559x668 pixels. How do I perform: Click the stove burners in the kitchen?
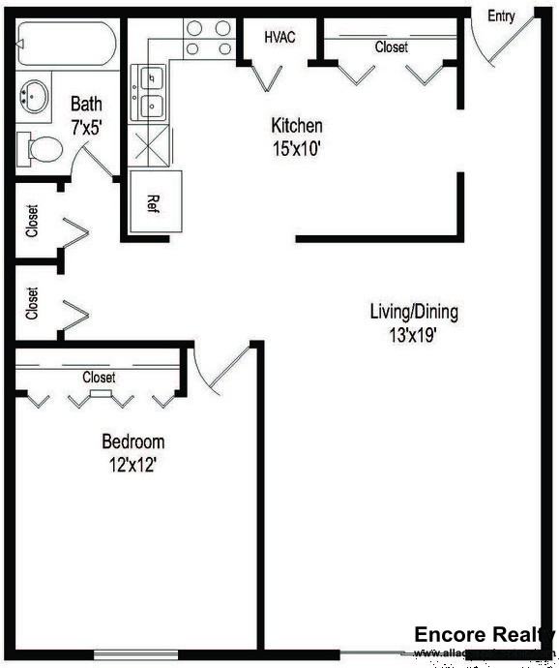[208, 39]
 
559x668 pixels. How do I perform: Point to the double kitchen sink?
[153, 91]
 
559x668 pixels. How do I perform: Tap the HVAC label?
[279, 37]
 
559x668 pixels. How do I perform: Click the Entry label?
[501, 16]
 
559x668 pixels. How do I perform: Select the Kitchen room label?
[296, 126]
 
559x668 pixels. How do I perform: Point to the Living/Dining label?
[414, 312]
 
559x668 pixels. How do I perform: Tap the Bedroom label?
[133, 442]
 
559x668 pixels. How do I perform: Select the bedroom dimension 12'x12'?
[133, 465]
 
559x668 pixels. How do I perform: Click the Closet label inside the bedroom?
[99, 377]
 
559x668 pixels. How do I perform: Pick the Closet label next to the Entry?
[392, 46]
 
